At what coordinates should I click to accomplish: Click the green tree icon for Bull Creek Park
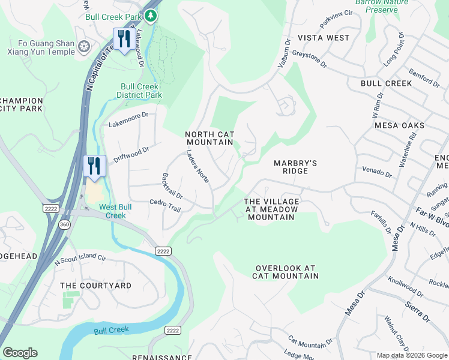(x=153, y=15)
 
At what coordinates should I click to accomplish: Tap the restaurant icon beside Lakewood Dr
(x=123, y=40)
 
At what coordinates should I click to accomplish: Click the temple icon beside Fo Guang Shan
(x=85, y=46)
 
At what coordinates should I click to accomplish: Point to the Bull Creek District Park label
(x=139, y=91)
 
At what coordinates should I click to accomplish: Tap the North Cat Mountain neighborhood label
(x=209, y=139)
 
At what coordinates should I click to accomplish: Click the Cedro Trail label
(x=165, y=206)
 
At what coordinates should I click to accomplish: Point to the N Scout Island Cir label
(x=80, y=259)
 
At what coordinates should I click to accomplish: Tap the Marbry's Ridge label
(x=295, y=167)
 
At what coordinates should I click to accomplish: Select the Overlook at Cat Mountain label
(x=285, y=272)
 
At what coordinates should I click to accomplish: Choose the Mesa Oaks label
(x=399, y=125)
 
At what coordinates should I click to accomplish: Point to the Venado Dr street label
(x=376, y=172)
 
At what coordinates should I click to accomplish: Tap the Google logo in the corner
(x=20, y=353)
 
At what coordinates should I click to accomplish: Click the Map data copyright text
(x=412, y=355)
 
